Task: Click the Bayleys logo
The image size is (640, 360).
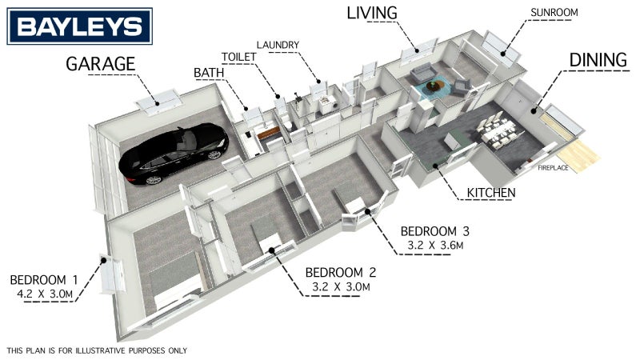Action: [x=79, y=26]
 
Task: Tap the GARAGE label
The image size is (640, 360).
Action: [x=101, y=64]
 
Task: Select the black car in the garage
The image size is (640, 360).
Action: [x=174, y=153]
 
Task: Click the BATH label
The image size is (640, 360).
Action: [x=209, y=73]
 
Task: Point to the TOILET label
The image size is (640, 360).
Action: [x=238, y=57]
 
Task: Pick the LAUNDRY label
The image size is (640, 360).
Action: [x=278, y=45]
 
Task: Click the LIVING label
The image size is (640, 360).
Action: [x=372, y=13]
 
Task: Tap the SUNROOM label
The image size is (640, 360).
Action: [x=554, y=13]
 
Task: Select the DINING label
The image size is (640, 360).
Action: [x=598, y=60]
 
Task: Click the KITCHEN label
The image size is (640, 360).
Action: [x=491, y=193]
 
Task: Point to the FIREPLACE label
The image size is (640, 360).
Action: [x=553, y=168]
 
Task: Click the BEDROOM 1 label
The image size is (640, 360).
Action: [x=44, y=280]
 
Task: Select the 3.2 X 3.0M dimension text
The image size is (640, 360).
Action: [x=341, y=286]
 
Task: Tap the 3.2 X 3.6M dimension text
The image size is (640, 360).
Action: [x=435, y=246]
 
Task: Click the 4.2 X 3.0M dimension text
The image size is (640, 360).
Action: [x=45, y=294]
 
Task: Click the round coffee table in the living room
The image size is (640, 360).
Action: [x=435, y=86]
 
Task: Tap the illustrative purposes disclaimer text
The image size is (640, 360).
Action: [x=97, y=350]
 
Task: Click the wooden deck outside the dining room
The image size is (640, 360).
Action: [x=578, y=155]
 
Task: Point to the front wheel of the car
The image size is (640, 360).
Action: [x=153, y=179]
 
